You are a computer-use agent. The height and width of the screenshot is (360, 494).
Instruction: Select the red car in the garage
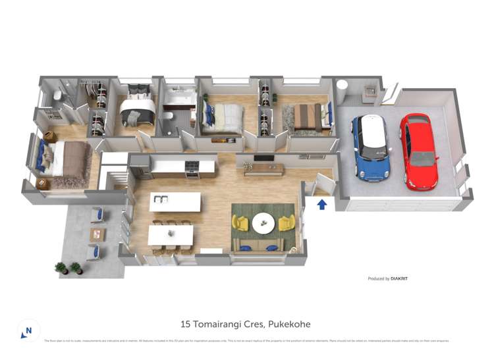pos(419,151)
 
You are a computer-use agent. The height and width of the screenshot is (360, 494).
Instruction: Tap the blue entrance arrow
pos(321,205)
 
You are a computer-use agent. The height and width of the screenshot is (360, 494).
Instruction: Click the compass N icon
pos(27,330)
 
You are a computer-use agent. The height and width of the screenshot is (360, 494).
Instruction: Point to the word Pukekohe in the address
pos(288,324)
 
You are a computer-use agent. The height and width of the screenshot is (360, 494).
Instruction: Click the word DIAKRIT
pos(399,279)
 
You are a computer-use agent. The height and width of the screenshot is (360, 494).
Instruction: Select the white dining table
pos(171,234)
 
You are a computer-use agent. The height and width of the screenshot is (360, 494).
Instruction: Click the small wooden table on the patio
pos(97,234)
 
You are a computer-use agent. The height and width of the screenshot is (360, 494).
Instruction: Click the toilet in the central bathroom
pos(168,117)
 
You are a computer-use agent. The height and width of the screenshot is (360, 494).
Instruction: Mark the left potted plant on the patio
pos(61,268)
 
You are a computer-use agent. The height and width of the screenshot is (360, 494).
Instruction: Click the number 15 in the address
pos(186,324)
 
